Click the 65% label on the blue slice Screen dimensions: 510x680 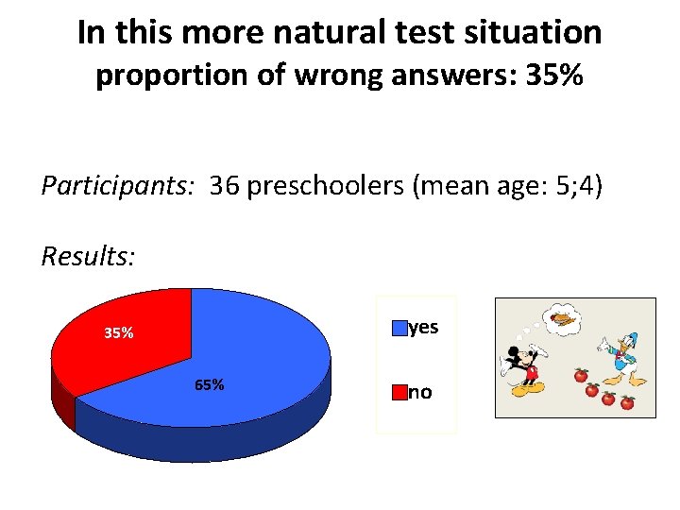(x=209, y=384)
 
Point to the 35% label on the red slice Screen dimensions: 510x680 (x=118, y=332)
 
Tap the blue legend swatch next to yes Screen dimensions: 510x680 (x=400, y=328)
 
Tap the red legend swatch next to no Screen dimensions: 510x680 (x=400, y=392)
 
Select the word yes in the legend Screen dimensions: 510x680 (x=425, y=327)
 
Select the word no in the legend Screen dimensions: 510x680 (x=420, y=392)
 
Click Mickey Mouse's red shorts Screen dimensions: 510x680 (x=531, y=373)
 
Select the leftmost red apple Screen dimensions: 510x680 (x=581, y=377)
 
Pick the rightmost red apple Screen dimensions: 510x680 (x=627, y=402)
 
